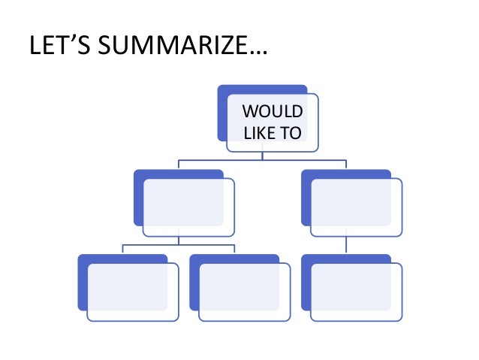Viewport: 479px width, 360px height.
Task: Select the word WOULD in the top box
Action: pos(273,113)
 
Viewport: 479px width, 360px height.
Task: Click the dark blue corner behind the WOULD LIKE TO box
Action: pos(222,113)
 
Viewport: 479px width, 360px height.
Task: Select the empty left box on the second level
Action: pos(188,207)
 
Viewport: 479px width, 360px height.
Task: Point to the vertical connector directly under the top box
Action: pos(262,156)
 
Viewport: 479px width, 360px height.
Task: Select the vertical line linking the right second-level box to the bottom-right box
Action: pos(346,245)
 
